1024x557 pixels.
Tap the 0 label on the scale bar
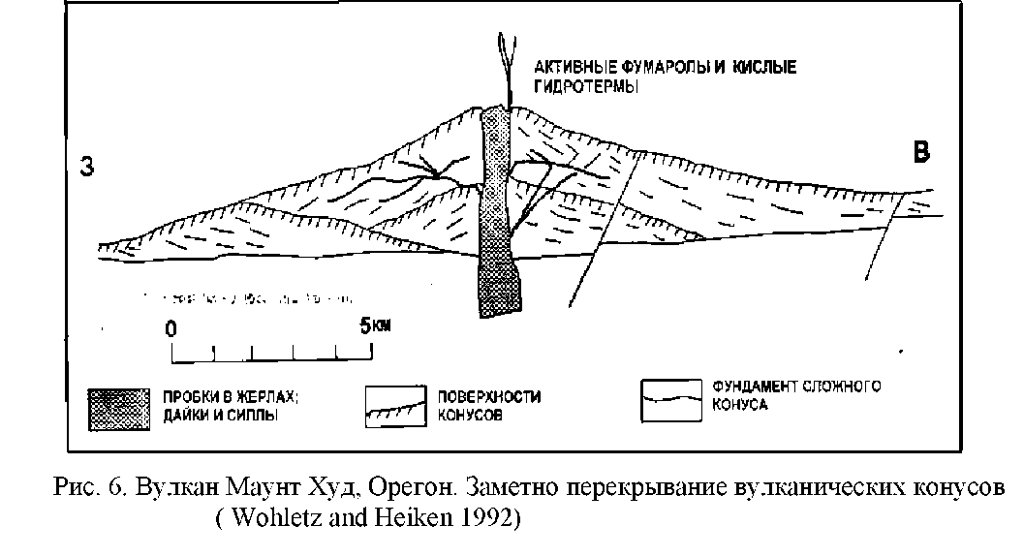(x=171, y=327)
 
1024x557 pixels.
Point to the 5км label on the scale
(x=375, y=326)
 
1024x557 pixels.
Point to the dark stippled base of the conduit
(x=498, y=281)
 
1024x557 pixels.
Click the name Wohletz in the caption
(x=264, y=516)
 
